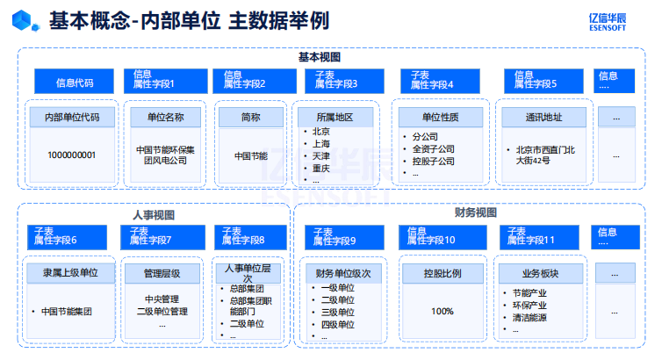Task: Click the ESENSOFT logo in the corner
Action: (x=608, y=22)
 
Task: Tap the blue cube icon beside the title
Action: (x=25, y=21)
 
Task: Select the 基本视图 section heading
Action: (x=320, y=57)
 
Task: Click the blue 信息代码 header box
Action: (x=74, y=81)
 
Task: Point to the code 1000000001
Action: (x=71, y=155)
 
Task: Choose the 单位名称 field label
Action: (x=165, y=118)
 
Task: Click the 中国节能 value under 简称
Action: (x=251, y=156)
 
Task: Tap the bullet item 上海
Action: (x=320, y=144)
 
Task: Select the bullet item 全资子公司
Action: (x=433, y=149)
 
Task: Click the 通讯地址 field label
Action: (x=543, y=118)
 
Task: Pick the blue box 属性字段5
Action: (x=543, y=81)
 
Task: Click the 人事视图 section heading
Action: (x=154, y=215)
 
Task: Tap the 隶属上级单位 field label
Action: (x=70, y=273)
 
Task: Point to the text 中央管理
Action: (x=162, y=299)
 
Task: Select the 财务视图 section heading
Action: (x=475, y=212)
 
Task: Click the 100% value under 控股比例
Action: (x=443, y=312)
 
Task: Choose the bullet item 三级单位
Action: (x=338, y=313)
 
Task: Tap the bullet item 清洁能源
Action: (x=529, y=318)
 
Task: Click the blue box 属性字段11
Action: (x=539, y=237)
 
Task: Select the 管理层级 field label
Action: (x=162, y=273)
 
